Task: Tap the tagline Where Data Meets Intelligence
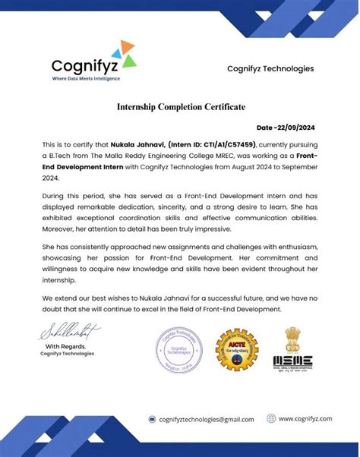85,78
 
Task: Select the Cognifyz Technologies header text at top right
270,69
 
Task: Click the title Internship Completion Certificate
181,107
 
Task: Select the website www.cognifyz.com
306,418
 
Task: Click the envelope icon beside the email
151,419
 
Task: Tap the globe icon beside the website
271,418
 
